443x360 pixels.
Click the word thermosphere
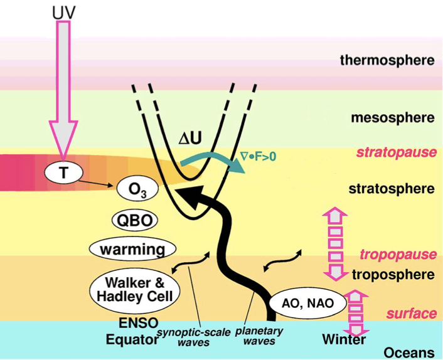387,61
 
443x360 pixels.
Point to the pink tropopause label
398,255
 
